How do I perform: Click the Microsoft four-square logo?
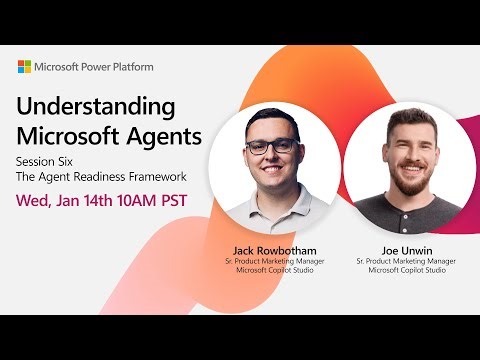click(25, 66)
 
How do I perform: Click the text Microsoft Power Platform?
click(97, 66)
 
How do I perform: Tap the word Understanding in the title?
click(96, 107)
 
